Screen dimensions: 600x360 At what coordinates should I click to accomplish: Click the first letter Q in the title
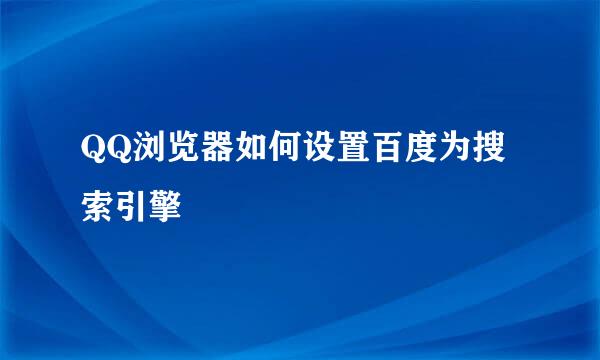pyautogui.click(x=93, y=148)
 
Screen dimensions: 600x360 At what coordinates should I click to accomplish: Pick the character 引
pyautogui.click(x=131, y=206)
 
